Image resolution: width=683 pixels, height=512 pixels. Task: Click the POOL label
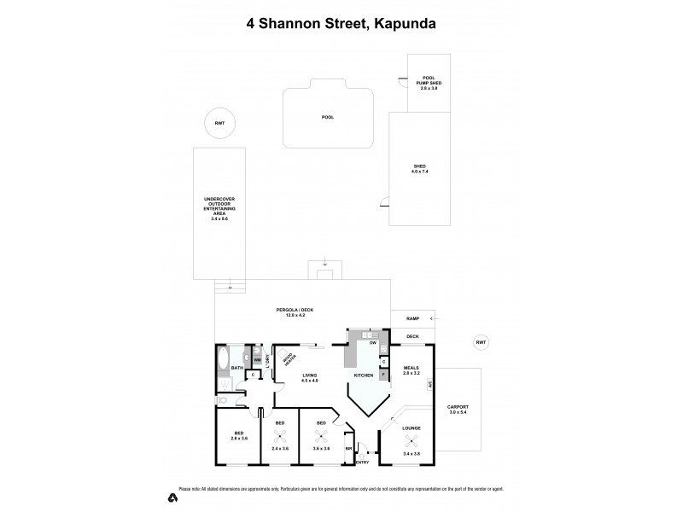[x=327, y=116]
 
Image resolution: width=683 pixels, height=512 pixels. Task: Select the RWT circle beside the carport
[x=482, y=342]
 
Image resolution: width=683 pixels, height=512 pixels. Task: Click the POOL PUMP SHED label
[x=429, y=83]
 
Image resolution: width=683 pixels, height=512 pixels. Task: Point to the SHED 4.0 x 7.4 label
[x=419, y=169]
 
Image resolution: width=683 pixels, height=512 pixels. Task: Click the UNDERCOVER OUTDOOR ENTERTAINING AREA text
[x=219, y=209]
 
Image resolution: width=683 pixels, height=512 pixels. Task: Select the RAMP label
[x=413, y=317]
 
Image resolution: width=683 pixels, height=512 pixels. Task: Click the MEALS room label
[x=412, y=370]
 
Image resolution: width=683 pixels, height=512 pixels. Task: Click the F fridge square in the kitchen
[x=384, y=373]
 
